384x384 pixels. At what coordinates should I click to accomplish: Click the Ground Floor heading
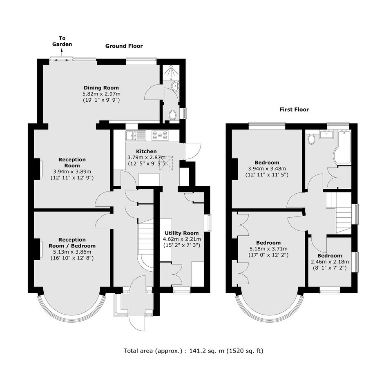tap(124, 46)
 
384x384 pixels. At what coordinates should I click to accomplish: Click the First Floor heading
tap(294, 109)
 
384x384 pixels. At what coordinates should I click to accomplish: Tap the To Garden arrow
tap(61, 53)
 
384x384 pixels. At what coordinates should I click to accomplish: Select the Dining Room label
tap(101, 88)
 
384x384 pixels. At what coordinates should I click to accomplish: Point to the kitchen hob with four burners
tap(160, 136)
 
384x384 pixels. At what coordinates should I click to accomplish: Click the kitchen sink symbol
tap(136, 136)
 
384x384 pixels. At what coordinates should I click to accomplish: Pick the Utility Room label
tap(182, 233)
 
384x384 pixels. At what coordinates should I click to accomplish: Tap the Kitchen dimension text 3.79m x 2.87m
tap(146, 157)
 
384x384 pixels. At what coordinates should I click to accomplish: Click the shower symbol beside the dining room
tap(170, 72)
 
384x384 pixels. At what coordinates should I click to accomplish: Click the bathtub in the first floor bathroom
tap(343, 146)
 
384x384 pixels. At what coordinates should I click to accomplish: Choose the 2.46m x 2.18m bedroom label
tap(330, 262)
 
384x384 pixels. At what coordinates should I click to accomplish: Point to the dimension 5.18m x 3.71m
tap(268, 249)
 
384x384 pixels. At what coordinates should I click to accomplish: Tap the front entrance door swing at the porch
tap(137, 324)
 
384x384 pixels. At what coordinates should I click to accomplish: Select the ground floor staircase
tap(145, 245)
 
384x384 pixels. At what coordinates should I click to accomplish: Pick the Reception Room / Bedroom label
tap(72, 243)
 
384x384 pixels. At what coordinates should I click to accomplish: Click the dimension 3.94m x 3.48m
tap(267, 169)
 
